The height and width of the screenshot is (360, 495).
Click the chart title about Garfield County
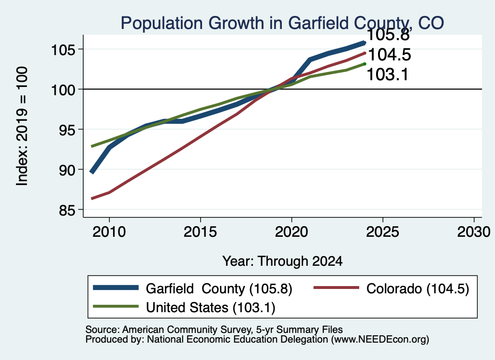(282, 23)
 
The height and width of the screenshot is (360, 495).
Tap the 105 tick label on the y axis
(63, 50)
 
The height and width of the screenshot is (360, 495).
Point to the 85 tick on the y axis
(67, 210)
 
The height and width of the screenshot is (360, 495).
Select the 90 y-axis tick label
(67, 170)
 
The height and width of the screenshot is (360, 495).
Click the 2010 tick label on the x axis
(109, 232)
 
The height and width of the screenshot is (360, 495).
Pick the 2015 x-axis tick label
(200, 232)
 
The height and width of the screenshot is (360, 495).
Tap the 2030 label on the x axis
(474, 232)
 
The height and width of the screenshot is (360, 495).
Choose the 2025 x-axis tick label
(383, 232)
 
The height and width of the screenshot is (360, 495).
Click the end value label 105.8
(388, 35)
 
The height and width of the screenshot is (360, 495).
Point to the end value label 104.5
(390, 55)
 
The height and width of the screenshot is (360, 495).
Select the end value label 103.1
(388, 75)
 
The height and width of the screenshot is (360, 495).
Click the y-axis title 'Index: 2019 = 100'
(22, 126)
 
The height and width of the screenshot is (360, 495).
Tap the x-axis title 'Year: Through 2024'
(282, 261)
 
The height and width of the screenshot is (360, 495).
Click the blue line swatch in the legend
(116, 288)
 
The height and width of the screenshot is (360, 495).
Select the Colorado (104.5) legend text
(418, 288)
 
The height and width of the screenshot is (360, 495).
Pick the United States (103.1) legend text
(211, 307)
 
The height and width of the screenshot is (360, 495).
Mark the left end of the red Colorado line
(91, 199)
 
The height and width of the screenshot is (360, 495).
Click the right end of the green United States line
(364, 64)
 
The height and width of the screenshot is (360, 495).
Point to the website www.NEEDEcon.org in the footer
(380, 339)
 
